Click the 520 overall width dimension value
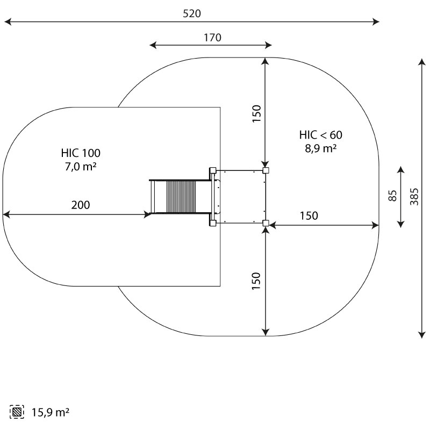(191, 13)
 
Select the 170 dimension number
(212, 37)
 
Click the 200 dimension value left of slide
(81, 205)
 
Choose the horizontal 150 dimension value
(309, 216)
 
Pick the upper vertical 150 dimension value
(256, 114)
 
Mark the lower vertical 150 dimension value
(256, 282)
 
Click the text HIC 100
(81, 153)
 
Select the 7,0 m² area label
(81, 167)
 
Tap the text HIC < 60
(321, 135)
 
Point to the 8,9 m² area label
(321, 149)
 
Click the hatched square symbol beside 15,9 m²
(18, 413)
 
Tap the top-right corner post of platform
(266, 170)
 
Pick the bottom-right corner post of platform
(266, 223)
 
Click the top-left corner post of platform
(213, 170)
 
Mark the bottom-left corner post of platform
(213, 223)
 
